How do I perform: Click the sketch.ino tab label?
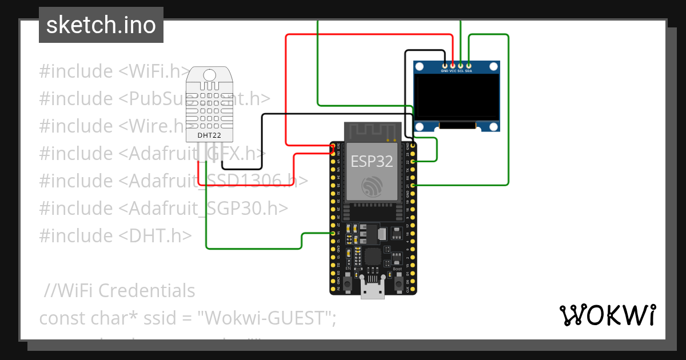(x=101, y=25)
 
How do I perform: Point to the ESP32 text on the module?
(x=372, y=162)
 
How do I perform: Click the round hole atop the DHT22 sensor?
(x=209, y=74)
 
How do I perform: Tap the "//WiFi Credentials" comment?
(x=119, y=291)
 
